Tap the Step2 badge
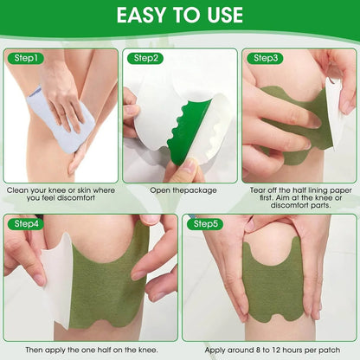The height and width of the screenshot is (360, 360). point(146,58)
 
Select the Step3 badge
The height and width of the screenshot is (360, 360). point(265,58)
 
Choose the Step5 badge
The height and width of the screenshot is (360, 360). point(206,224)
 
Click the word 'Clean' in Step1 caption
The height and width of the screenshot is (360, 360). point(18,190)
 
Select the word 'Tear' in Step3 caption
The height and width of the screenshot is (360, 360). point(260,190)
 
